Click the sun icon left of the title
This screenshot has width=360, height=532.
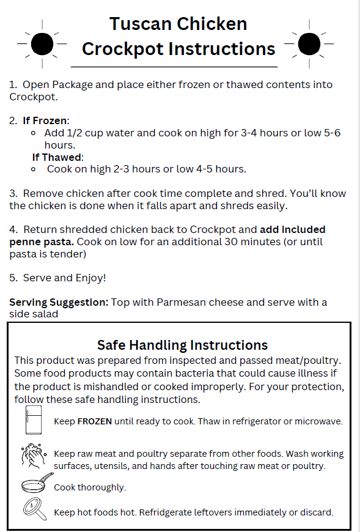(42, 43)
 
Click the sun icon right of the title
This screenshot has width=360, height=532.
(309, 43)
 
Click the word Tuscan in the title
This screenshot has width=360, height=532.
(142, 24)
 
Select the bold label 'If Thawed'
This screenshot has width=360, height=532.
(57, 157)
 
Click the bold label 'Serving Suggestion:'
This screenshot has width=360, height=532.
(59, 302)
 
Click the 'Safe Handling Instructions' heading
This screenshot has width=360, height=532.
(182, 345)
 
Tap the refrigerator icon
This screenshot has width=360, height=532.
(33, 420)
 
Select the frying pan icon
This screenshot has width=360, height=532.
(34, 485)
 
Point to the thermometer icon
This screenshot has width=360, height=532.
(33, 510)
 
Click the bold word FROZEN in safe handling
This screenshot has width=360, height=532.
(95, 421)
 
